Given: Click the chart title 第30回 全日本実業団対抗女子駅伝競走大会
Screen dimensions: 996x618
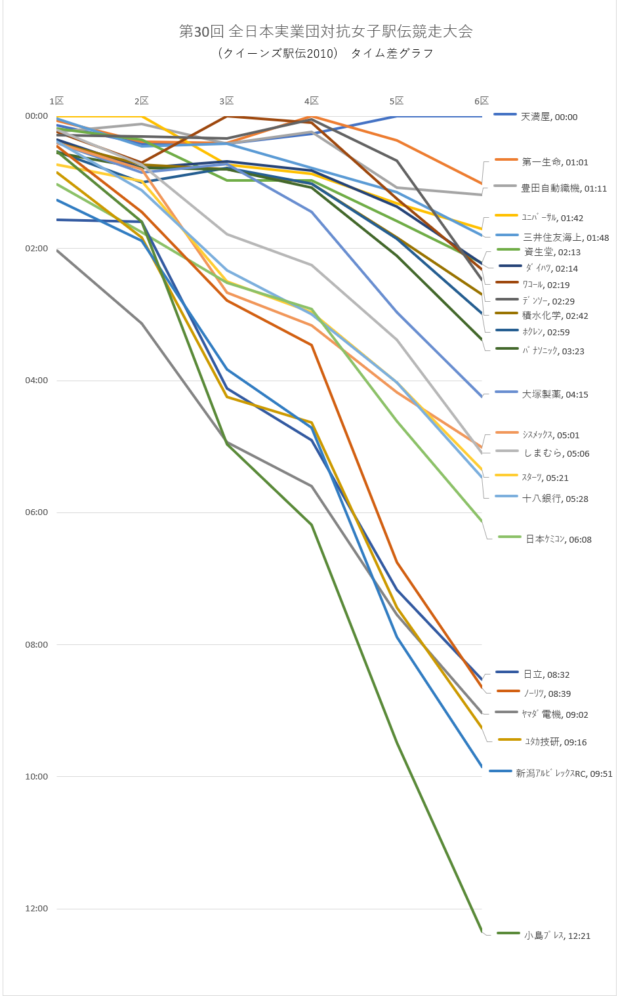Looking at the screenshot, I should [326, 31].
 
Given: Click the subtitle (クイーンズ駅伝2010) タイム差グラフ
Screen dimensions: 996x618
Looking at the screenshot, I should [326, 54].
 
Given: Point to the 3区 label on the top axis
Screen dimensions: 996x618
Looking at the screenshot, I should [226, 101].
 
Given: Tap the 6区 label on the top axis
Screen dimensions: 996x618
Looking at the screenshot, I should [482, 101].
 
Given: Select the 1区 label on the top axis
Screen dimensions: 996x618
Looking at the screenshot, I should [56, 101].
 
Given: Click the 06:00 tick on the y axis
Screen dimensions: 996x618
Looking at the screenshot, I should [37, 512].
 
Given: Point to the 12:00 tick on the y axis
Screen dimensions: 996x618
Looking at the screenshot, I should [37, 909].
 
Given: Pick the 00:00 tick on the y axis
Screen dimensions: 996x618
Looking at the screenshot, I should [37, 116].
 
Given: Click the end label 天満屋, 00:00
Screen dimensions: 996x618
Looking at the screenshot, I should [548, 117].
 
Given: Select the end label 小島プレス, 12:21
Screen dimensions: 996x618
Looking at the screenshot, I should [557, 936].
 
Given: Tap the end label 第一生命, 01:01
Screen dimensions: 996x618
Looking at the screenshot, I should [555, 162].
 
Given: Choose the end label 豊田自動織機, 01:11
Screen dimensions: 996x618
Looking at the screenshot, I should [564, 188].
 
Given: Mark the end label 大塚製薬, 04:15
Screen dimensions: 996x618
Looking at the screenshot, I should [555, 394].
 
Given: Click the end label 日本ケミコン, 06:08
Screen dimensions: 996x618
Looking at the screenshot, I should [558, 539].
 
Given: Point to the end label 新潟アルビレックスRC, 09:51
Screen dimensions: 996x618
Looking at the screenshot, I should [564, 774].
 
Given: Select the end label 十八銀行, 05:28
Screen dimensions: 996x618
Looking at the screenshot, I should [555, 499].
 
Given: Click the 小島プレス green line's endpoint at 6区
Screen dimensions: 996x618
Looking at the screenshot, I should [482, 931].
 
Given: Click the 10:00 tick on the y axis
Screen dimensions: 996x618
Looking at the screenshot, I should [37, 777].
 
